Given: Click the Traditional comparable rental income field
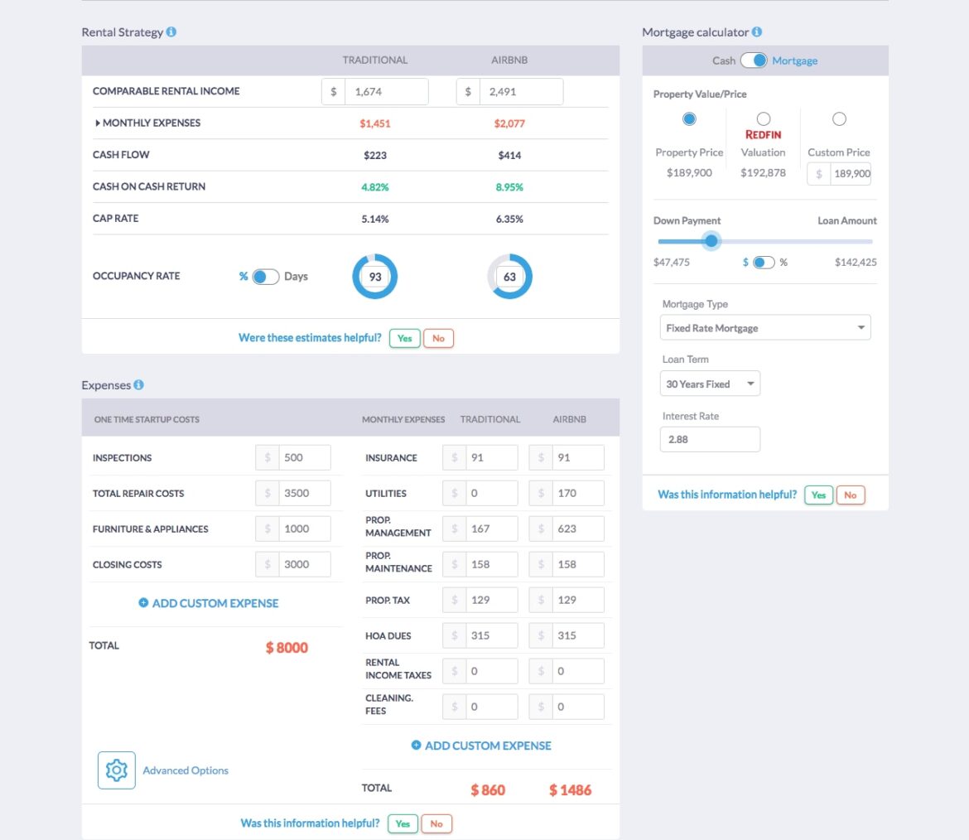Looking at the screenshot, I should tap(386, 92).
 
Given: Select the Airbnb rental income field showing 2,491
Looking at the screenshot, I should tap(521, 92).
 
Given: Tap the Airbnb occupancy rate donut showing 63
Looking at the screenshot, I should tap(509, 277).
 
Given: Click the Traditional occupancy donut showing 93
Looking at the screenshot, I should tap(375, 277).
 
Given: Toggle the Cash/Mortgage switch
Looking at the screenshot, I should tap(754, 60).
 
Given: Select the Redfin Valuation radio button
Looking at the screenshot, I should tap(764, 119).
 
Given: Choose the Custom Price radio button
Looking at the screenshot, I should tap(839, 119).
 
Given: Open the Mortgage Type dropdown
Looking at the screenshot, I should tap(765, 328).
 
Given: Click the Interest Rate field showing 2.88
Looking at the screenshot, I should tap(710, 439).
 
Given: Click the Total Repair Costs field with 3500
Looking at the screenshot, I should tap(304, 493).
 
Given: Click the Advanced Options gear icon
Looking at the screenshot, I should tap(117, 770).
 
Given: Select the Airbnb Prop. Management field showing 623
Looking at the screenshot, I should tap(577, 529).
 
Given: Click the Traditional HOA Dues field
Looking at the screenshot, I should tap(491, 635).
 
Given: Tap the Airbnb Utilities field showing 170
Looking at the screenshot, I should tap(577, 493).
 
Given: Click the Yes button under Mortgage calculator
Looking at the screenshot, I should tap(818, 495).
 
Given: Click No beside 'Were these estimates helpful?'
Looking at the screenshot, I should tap(438, 338).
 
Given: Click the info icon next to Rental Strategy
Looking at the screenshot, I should tap(171, 32).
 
